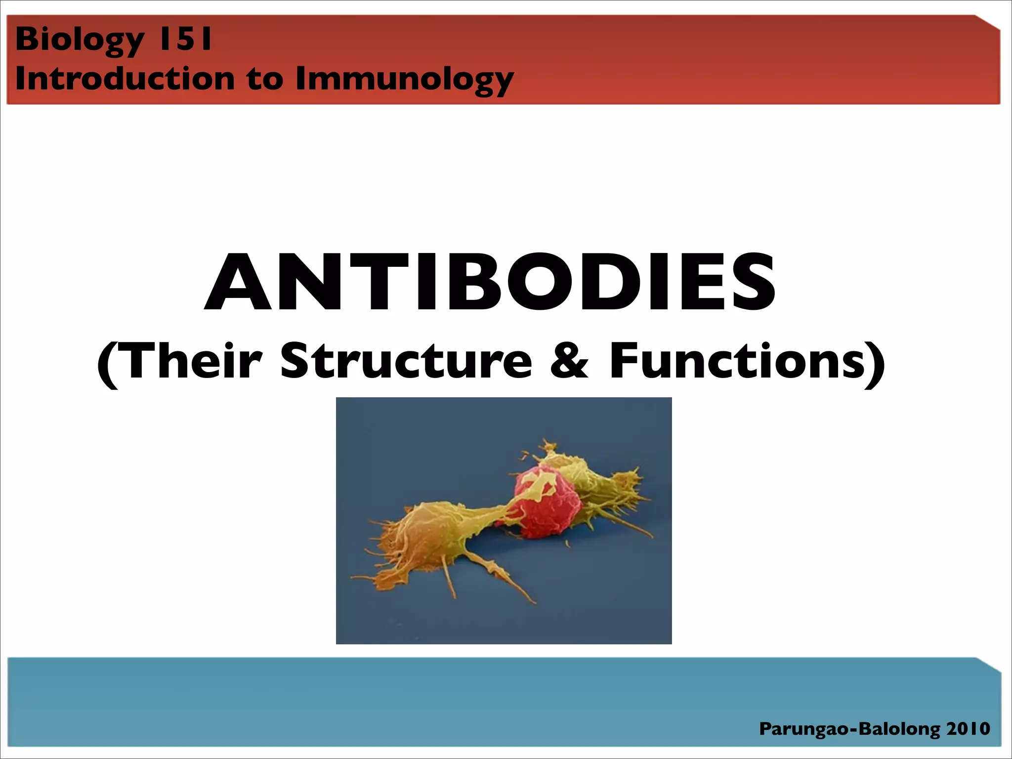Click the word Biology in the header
(x=79, y=40)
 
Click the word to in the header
(x=265, y=79)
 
